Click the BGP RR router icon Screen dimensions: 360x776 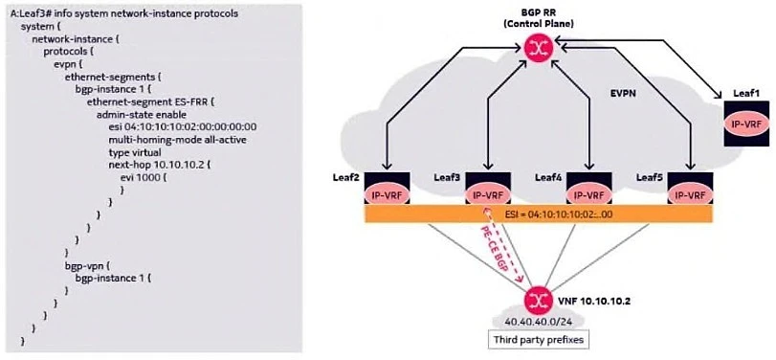point(539,49)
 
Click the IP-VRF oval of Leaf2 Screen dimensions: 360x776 point(388,169)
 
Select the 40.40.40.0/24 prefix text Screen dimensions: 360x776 point(538,321)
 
